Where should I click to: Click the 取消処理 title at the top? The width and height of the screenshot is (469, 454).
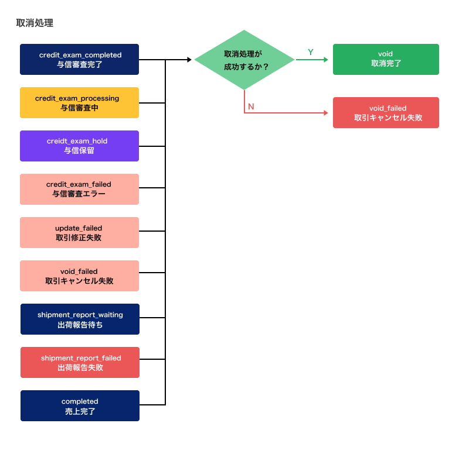tap(35, 23)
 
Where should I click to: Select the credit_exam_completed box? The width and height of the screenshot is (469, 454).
tap(79, 60)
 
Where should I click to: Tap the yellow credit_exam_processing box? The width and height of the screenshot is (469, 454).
tap(79, 103)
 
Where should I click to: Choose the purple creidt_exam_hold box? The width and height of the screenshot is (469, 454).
tap(79, 146)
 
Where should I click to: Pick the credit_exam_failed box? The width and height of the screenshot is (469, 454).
tap(79, 189)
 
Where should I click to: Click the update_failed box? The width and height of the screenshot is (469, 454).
tap(79, 232)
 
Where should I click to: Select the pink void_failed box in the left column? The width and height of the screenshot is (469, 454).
tap(79, 276)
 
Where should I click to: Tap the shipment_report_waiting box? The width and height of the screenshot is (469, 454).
tap(80, 319)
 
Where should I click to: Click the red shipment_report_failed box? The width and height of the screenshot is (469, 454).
tap(80, 362)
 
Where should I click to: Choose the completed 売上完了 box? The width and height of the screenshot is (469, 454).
tap(80, 405)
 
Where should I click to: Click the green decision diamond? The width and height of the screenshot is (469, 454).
tap(244, 60)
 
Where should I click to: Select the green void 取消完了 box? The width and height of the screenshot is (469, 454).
tap(386, 60)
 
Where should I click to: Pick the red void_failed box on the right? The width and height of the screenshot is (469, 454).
tap(386, 112)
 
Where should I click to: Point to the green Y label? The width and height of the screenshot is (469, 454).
tap(311, 52)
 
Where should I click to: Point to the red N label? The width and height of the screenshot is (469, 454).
tap(251, 106)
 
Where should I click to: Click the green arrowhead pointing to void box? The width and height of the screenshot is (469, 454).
tap(326, 60)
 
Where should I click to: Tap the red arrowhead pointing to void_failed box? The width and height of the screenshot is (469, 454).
tap(326, 113)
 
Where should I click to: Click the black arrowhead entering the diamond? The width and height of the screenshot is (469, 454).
tap(189, 60)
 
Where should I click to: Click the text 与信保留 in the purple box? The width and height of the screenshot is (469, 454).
tap(79, 150)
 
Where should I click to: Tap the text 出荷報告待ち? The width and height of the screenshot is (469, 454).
tap(80, 325)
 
